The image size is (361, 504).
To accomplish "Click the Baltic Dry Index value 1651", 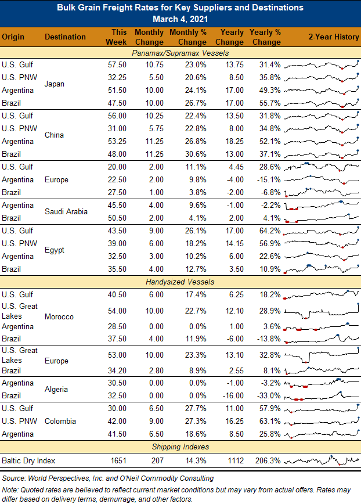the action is pyautogui.click(x=118, y=460).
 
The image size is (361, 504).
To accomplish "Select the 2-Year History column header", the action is pyautogui.click(x=334, y=37).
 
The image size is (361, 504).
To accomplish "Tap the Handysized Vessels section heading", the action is pyautogui.click(x=180, y=282).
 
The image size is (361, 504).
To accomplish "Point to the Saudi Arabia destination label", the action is pyautogui.click(x=66, y=211).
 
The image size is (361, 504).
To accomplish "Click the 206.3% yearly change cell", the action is pyautogui.click(x=268, y=460).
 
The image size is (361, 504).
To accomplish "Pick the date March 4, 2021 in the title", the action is pyautogui.click(x=180, y=19).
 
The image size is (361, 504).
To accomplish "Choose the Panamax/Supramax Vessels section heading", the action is pyautogui.click(x=180, y=53).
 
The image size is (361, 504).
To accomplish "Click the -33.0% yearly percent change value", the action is pyautogui.click(x=269, y=395).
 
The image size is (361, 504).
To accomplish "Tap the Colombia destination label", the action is pyautogui.click(x=60, y=421).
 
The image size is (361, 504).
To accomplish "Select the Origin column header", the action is pyautogui.click(x=13, y=37).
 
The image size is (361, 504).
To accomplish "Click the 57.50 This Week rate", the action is pyautogui.click(x=117, y=64).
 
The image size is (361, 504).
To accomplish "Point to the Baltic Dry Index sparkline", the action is pyautogui.click(x=322, y=460).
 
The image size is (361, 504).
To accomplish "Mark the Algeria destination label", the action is pyautogui.click(x=56, y=389).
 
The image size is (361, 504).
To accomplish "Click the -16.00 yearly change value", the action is pyautogui.click(x=233, y=395).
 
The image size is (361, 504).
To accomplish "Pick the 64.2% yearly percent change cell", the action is pyautogui.click(x=270, y=231).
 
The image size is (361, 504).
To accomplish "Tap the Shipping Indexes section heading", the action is pyautogui.click(x=180, y=447).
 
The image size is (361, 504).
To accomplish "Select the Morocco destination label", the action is pyautogui.click(x=59, y=317).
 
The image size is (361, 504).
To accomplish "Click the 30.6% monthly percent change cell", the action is pyautogui.click(x=196, y=154).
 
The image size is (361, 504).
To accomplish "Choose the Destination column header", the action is pyautogui.click(x=65, y=37).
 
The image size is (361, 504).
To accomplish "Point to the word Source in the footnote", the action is pyautogui.click(x=14, y=478).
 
